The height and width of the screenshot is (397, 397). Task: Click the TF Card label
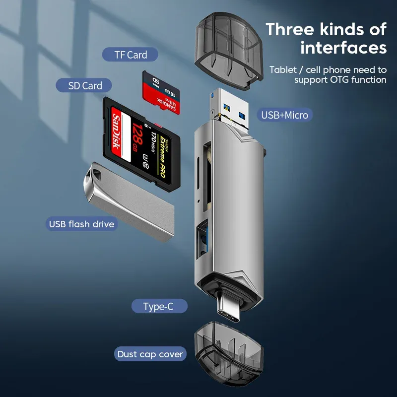click(131, 55)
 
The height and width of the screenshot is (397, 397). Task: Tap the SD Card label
click(85, 85)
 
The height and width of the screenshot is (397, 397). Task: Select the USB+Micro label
click(285, 115)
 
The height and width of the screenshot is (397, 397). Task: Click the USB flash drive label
click(81, 224)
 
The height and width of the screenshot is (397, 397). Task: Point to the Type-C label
click(158, 306)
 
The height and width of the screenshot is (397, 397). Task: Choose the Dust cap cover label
click(150, 354)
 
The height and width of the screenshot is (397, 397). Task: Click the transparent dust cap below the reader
click(229, 350)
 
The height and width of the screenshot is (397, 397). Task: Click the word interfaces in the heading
click(343, 48)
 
